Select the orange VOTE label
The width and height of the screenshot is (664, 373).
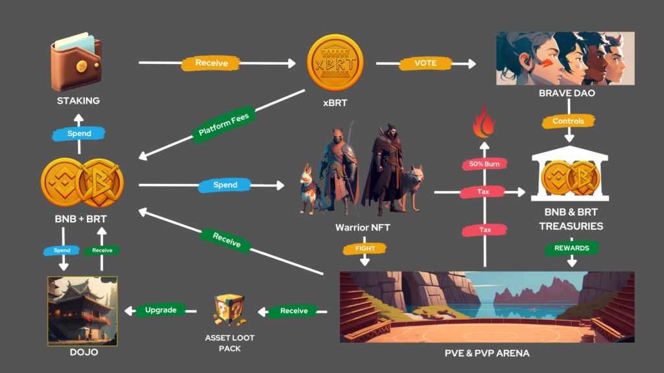click(x=426, y=63)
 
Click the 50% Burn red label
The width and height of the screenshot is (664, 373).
click(x=484, y=164)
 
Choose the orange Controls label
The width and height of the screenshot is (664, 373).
click(x=569, y=121)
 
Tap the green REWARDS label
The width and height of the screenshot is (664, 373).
click(x=571, y=247)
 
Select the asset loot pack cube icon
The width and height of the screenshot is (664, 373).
click(x=229, y=310)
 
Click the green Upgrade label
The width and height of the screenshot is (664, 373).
click(x=161, y=310)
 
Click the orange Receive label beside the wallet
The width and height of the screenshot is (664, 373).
click(x=211, y=63)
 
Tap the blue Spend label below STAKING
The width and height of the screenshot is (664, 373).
click(x=79, y=133)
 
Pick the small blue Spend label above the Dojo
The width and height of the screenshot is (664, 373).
click(x=62, y=250)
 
